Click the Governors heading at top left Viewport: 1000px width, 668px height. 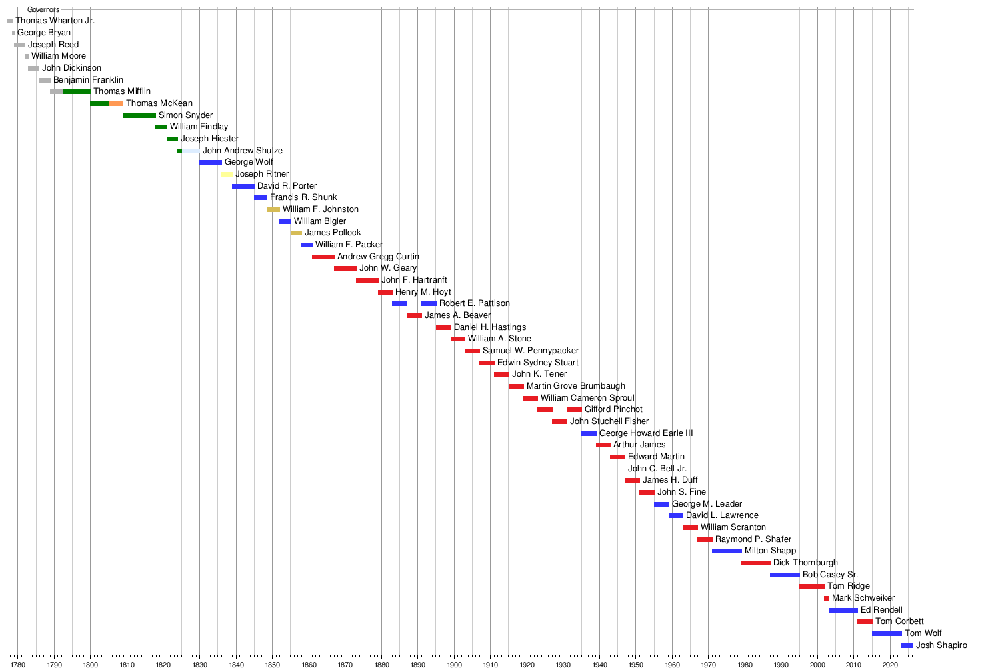coord(43,9)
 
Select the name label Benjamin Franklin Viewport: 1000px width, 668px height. coord(88,80)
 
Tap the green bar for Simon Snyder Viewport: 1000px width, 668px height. coord(139,115)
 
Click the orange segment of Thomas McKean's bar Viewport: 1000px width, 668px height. coord(116,103)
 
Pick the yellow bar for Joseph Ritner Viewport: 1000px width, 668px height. coord(227,174)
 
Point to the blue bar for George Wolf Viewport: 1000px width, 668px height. coord(211,162)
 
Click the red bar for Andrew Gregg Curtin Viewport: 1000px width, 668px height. coord(323,257)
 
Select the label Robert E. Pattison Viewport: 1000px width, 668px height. coord(474,303)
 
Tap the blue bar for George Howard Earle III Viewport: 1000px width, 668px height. coord(589,433)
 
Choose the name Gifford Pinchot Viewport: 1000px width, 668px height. coord(613,409)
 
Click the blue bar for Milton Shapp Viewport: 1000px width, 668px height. coord(727,551)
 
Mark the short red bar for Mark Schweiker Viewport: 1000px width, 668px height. coord(827,598)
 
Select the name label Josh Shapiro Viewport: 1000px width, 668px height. coord(941,645)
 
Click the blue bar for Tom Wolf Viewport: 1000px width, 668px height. coord(887,633)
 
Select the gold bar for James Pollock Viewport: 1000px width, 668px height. coord(296,233)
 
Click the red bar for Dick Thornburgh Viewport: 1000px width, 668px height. coord(756,563)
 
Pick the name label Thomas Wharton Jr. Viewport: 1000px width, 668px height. coord(55,21)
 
